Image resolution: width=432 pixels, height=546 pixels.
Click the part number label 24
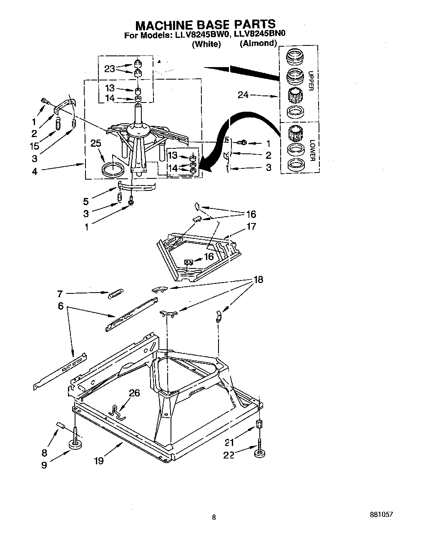point(243,95)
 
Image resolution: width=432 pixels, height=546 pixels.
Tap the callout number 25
point(95,144)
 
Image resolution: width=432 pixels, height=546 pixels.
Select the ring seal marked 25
point(113,169)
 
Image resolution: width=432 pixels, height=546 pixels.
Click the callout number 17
point(251,227)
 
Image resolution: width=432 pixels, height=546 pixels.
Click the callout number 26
point(134,393)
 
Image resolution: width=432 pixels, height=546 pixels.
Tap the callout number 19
point(98,460)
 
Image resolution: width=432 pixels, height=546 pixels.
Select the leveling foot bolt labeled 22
point(259,451)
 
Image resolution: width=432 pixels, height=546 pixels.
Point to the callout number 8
point(44,453)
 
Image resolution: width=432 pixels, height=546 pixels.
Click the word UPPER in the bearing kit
point(310,81)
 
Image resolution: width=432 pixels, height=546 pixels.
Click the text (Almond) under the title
point(258,43)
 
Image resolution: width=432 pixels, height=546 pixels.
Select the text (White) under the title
point(206,44)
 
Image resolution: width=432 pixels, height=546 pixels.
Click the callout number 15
point(34,146)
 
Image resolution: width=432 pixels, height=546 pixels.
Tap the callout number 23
point(109,69)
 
